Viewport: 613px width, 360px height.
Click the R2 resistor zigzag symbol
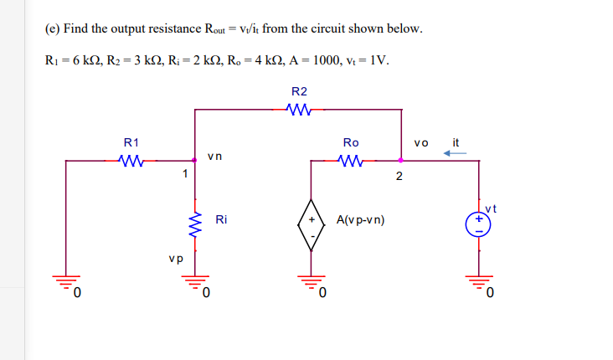pyautogui.click(x=299, y=108)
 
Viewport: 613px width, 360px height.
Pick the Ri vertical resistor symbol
pyautogui.click(x=195, y=222)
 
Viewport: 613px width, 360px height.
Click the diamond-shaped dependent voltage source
pyautogui.click(x=312, y=222)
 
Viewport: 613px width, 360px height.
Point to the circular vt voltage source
pyautogui.click(x=479, y=222)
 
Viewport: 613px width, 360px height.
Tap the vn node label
pyautogui.click(x=215, y=156)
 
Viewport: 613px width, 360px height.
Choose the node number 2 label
pyautogui.click(x=399, y=176)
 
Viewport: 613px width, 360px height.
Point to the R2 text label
pyautogui.click(x=299, y=90)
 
